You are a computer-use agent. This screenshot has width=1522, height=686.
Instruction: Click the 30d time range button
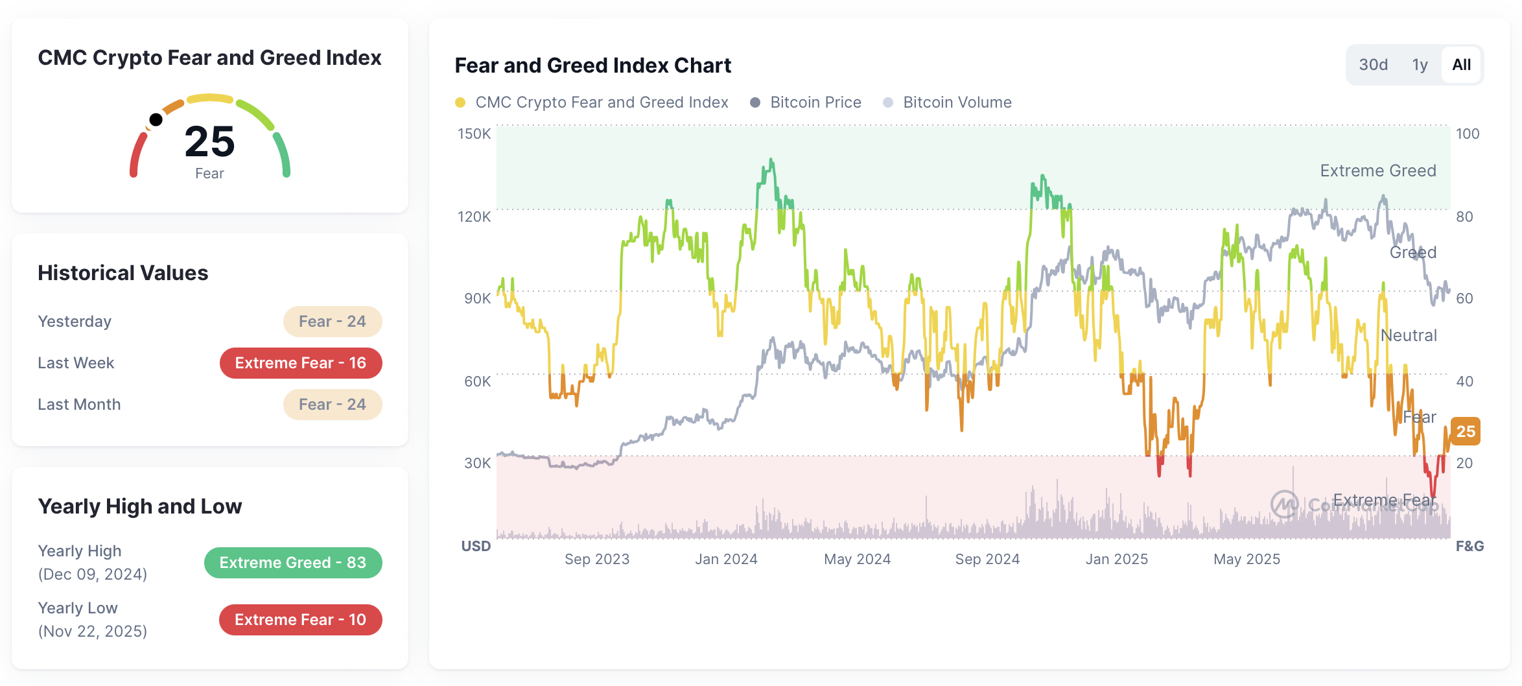point(1373,65)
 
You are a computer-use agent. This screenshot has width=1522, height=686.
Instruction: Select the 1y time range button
point(1420,65)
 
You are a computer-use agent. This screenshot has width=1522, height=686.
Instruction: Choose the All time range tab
point(1461,65)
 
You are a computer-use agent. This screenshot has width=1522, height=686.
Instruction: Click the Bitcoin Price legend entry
point(815,102)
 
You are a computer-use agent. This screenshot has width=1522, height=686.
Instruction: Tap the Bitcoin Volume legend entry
point(957,102)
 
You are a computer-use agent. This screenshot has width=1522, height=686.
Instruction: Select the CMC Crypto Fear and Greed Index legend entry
point(601,102)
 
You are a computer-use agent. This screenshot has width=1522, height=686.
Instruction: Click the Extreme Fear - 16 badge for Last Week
point(301,363)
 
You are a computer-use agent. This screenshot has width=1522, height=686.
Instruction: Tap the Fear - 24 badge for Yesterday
point(333,322)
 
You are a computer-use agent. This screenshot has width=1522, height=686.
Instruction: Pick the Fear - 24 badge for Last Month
point(333,405)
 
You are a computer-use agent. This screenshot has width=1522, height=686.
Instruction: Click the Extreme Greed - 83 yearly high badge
point(293,563)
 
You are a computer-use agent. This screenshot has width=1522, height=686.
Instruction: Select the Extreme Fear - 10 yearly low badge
point(301,620)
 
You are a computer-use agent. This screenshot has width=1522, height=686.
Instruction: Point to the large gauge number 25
point(209,142)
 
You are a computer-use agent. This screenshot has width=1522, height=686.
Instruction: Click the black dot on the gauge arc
point(156,119)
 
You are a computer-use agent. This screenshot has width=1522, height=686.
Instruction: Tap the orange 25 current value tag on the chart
point(1465,431)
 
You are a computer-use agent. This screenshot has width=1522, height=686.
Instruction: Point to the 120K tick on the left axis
point(474,217)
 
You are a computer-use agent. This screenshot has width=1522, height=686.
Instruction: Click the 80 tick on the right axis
point(1464,217)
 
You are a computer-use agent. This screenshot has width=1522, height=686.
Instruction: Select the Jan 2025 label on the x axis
point(1116,559)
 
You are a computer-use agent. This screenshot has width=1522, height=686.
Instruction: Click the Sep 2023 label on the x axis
point(596,559)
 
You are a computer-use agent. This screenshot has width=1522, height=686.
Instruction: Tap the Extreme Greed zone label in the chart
point(1377,171)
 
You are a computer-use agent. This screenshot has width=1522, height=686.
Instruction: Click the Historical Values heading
point(123,273)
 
